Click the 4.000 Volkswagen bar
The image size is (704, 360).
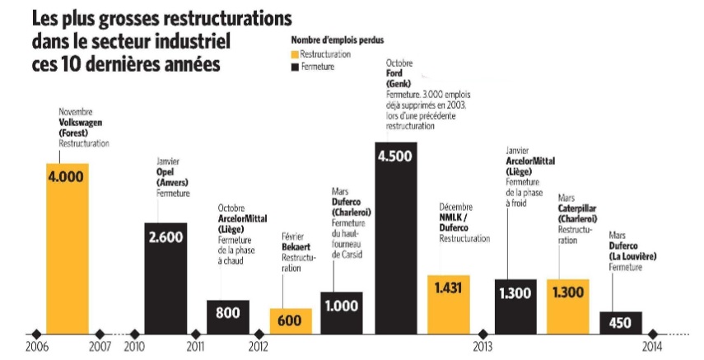point(67,247)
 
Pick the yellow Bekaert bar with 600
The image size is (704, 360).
point(291,321)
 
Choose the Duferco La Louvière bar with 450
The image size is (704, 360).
point(621,323)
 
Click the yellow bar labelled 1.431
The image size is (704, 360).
point(448,305)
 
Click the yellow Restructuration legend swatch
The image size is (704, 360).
point(295,54)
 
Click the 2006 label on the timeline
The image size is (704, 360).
point(35,347)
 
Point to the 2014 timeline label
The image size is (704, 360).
point(652,347)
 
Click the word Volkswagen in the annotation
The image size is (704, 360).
point(82,122)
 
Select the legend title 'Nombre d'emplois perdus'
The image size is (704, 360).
point(337,40)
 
